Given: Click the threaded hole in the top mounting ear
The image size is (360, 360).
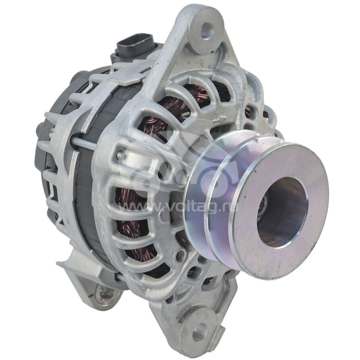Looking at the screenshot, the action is pos(207,30).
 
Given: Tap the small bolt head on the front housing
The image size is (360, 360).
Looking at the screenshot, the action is pos(120,156).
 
